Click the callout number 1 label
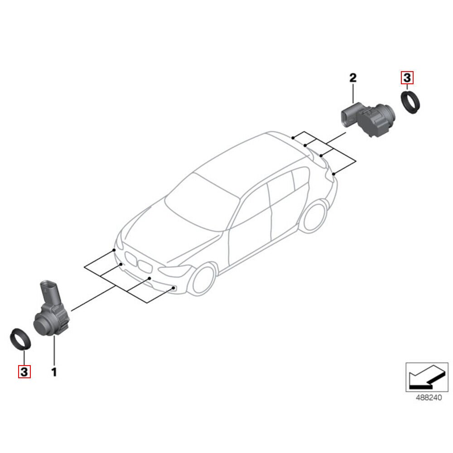[54, 372]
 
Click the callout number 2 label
[353, 78]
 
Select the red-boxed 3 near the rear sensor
[407, 78]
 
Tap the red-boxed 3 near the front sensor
[24, 372]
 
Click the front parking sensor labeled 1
[51, 319]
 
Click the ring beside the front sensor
[20, 339]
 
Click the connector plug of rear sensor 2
[348, 114]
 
